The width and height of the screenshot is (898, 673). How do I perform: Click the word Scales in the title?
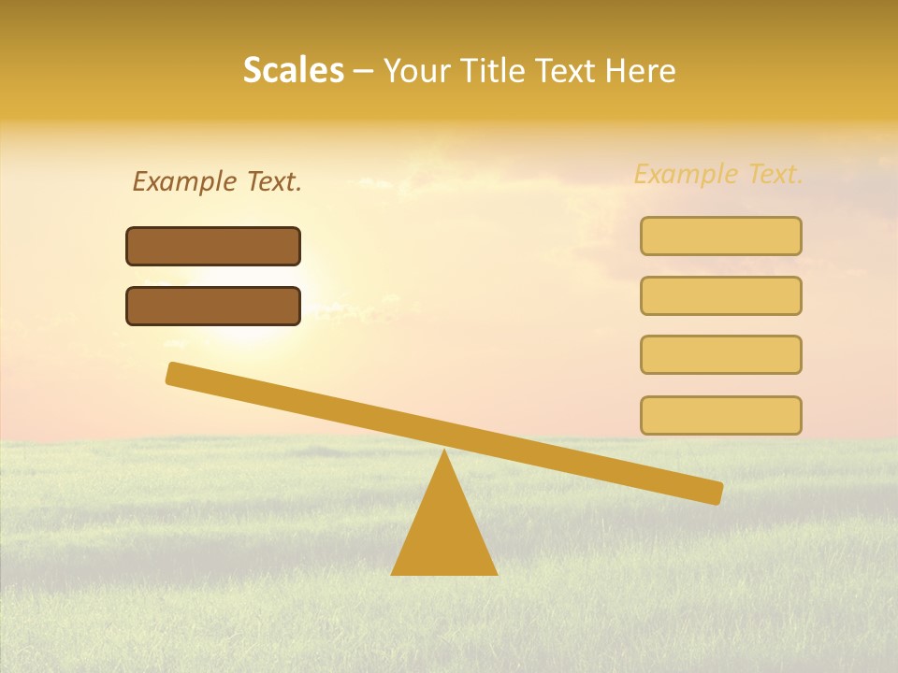[x=293, y=70]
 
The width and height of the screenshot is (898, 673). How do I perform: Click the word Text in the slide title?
[x=566, y=70]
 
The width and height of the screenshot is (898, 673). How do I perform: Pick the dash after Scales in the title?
[x=364, y=72]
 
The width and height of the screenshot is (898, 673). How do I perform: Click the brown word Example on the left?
[x=185, y=182]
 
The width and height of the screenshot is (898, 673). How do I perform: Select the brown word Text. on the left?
[x=274, y=182]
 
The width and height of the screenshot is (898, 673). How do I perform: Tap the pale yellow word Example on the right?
[x=686, y=174]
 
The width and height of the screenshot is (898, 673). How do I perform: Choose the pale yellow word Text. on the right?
[x=775, y=174]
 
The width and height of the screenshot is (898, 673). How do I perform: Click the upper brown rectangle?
[x=213, y=246]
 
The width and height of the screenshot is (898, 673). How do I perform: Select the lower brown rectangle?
[x=213, y=306]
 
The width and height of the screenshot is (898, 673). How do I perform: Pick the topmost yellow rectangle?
[x=720, y=236]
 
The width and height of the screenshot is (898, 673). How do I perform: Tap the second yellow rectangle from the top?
[x=720, y=295]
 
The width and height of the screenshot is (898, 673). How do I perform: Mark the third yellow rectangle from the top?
[x=720, y=354]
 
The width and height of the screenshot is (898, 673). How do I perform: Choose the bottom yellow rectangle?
[x=720, y=415]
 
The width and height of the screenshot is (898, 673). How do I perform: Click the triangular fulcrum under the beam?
[x=443, y=533]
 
